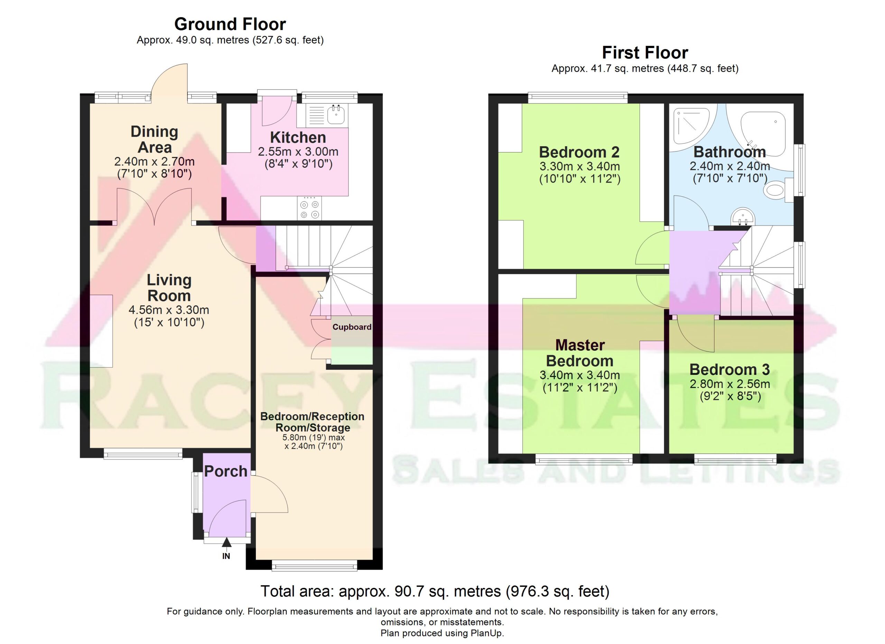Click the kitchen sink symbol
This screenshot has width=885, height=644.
coord(327,116)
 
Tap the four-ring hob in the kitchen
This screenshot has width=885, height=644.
coord(309,209)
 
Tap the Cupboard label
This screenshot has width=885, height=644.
coord(352,327)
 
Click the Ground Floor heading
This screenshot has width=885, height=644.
coord(230,24)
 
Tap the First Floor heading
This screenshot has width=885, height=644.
coord(645,53)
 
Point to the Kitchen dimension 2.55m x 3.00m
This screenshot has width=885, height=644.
coord(298,151)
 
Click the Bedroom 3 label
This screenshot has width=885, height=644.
coord(729,369)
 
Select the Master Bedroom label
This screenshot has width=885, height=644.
coord(580,353)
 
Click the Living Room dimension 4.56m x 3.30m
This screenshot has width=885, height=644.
coord(169,310)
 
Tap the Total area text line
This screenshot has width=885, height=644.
coord(435,591)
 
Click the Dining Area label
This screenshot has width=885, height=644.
coord(155,139)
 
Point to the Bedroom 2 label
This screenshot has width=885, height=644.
coord(579,152)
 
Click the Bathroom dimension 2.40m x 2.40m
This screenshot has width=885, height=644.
coord(730,166)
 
